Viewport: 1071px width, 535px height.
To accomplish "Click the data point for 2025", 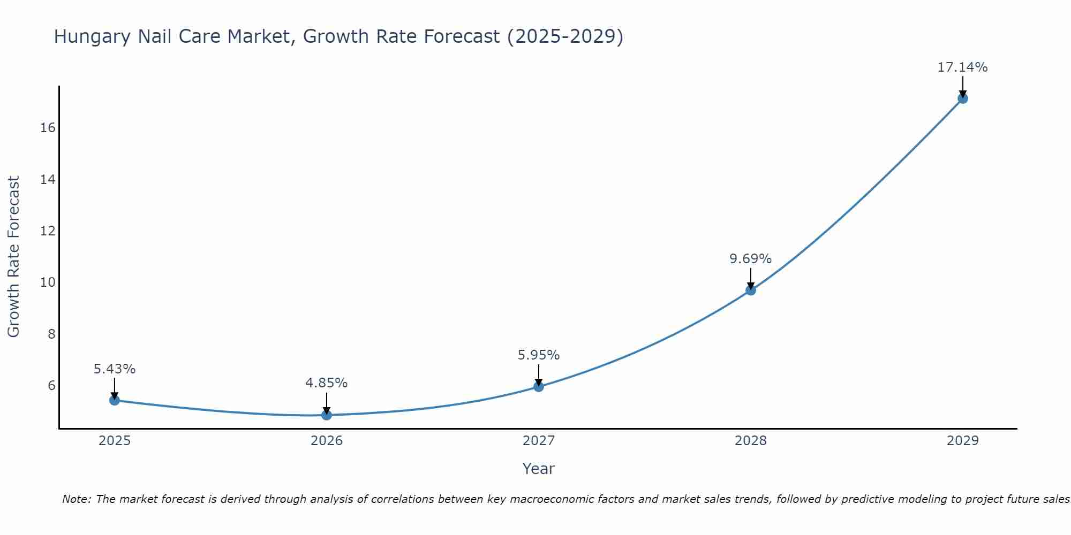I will pos(115,400).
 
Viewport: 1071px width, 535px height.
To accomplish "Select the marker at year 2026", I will pos(327,415).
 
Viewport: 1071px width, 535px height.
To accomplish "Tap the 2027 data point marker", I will pos(539,386).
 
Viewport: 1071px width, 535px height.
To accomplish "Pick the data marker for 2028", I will pos(751,290).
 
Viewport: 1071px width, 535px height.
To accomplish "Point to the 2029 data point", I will pos(963,98).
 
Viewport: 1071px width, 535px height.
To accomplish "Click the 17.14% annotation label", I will pos(962,67).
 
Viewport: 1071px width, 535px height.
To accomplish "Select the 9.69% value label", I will pos(750,259).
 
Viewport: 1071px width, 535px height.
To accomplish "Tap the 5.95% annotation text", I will pos(538,355).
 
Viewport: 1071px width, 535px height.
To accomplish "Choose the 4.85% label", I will pos(326,383).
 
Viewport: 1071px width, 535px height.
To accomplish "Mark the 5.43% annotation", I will pos(115,369).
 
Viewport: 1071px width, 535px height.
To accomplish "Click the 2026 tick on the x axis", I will pos(327,441).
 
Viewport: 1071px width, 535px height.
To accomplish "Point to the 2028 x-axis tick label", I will pos(751,441).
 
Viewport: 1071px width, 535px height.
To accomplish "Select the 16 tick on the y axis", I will pos(48,128).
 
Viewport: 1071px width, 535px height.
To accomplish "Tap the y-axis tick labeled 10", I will pos(48,282).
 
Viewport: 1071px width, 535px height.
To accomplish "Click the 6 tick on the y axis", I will pos(51,386).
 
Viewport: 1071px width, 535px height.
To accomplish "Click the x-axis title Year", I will pos(538,469).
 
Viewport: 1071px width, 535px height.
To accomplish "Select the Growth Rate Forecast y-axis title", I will pos(13,257).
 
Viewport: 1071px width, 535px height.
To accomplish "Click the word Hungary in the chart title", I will pos(92,37).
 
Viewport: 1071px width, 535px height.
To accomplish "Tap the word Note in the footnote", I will pos(77,499).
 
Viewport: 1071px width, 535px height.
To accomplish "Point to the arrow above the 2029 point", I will pos(963,86).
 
